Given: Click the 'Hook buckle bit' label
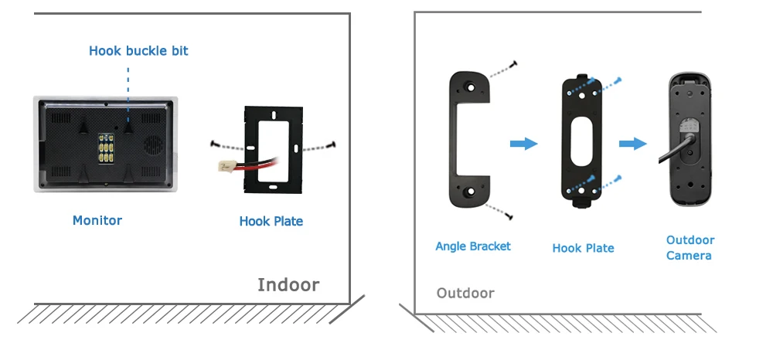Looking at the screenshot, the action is tap(138, 51).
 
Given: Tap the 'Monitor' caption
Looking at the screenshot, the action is tap(97, 220).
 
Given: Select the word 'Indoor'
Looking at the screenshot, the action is tap(288, 284).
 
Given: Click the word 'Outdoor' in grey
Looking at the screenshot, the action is tap(465, 293).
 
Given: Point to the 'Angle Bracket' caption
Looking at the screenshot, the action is tap(473, 246).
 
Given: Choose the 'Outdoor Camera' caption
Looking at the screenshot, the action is tap(690, 248).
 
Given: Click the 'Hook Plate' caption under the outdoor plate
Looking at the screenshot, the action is tap(583, 248).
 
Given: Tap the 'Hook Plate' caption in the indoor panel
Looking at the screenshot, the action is tap(271, 221).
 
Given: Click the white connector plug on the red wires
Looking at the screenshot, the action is tap(225, 166).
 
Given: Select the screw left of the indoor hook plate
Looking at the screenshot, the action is tap(214, 144).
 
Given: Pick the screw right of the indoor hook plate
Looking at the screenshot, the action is tap(332, 144).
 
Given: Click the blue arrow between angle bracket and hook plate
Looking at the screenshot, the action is tap(523, 144).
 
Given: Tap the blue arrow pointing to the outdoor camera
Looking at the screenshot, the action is tap(633, 144).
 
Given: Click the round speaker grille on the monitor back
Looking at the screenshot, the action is tap(154, 144).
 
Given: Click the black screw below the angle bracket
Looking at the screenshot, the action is tap(509, 216).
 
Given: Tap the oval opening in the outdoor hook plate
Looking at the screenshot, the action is tap(582, 141).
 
